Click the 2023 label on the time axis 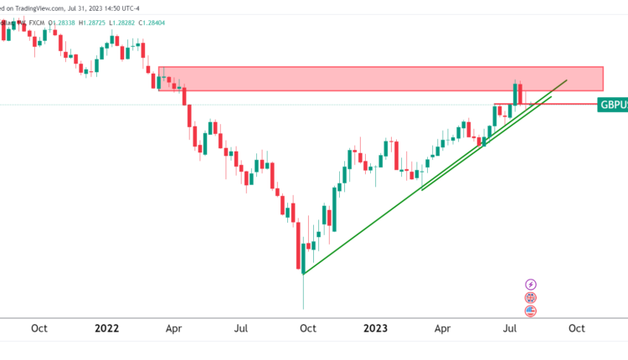pyautogui.click(x=375, y=329)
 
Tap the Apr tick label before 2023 pyautogui.click(x=174, y=329)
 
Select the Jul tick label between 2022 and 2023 pyautogui.click(x=240, y=329)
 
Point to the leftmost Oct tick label pyautogui.click(x=39, y=329)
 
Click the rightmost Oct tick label pyautogui.click(x=576, y=329)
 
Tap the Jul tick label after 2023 pyautogui.click(x=510, y=329)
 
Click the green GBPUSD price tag pyautogui.click(x=613, y=105)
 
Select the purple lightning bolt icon pyautogui.click(x=530, y=285)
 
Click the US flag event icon pyautogui.click(x=530, y=310)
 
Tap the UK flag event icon pyautogui.click(x=530, y=297)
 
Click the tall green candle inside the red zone pyautogui.click(x=516, y=92)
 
